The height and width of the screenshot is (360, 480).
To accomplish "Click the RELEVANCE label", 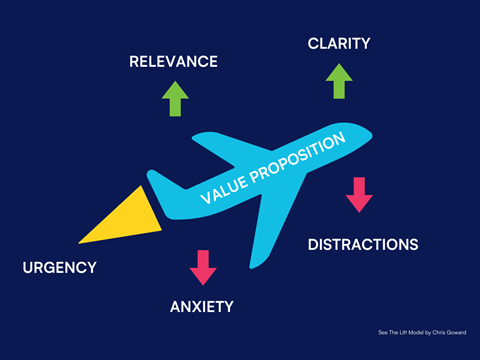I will (173, 62).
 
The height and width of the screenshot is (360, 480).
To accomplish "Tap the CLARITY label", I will (339, 43).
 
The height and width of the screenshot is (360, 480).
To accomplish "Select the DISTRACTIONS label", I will (362, 244).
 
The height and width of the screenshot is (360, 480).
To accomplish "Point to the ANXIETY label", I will (202, 306).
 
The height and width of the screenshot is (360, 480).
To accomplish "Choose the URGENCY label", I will (60, 267).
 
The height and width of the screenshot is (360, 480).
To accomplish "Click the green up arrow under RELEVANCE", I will (175, 99).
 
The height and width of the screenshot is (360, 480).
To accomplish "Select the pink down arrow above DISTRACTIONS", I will (359, 194).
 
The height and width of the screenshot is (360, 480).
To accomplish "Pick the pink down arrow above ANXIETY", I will (203, 267).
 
